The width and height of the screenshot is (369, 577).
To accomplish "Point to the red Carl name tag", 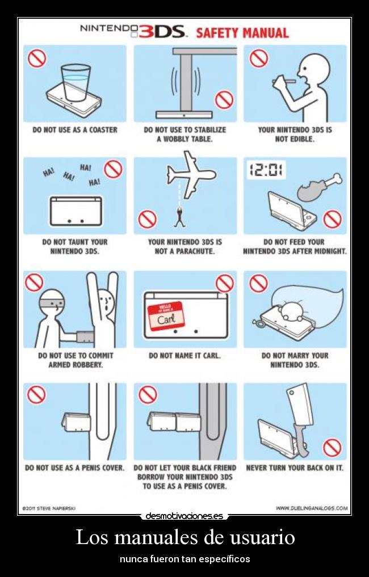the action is coord(166,315).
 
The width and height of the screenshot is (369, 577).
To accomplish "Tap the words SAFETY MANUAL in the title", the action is coord(242,33).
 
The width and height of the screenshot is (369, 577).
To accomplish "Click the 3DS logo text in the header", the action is coord(162,32).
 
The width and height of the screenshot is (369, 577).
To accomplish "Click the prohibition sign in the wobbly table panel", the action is coord(224,100).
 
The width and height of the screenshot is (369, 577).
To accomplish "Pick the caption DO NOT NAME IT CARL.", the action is coord(184,356).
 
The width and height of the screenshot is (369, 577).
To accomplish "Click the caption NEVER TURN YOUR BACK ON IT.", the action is coord(295,468).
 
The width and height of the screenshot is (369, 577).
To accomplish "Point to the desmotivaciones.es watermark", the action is coord(184,516).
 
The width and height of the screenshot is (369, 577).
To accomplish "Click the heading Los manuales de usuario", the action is coord(185,537).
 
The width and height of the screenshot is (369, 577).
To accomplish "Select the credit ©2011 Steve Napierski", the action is coord(49,508).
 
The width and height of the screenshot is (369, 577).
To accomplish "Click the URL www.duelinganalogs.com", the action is coord(312,508).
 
